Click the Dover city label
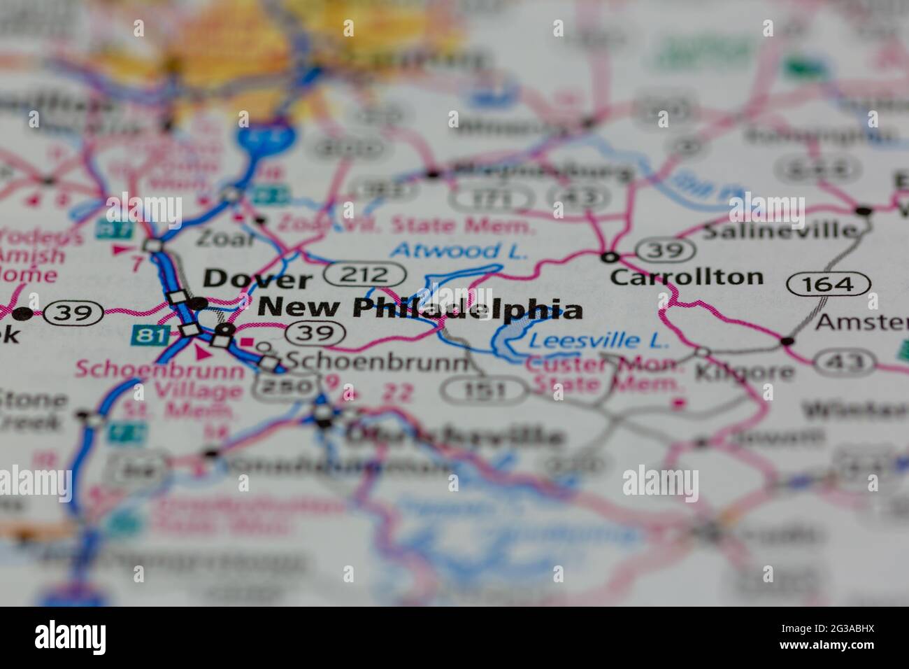(x=257, y=279)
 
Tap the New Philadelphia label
(x=420, y=308)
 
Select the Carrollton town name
(x=686, y=276)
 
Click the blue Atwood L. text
(x=459, y=251)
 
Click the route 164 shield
(x=829, y=284)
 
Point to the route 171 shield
(x=481, y=199)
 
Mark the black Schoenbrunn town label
(x=378, y=361)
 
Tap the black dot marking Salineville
(x=864, y=211)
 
